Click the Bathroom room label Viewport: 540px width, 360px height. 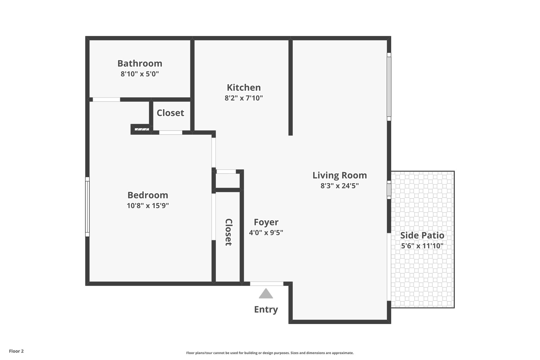pyautogui.click(x=140, y=63)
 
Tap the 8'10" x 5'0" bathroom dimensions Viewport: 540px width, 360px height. pyautogui.click(x=140, y=74)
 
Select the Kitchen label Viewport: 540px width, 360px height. pyautogui.click(x=244, y=87)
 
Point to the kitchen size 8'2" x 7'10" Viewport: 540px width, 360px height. pyautogui.click(x=244, y=98)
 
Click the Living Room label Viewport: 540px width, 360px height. pyautogui.click(x=339, y=175)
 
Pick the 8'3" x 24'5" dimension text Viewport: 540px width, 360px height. pyautogui.click(x=339, y=186)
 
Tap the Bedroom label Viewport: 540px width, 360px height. pyautogui.click(x=148, y=195)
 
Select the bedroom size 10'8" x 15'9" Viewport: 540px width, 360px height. pyautogui.click(x=148, y=206)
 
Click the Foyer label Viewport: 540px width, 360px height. pyautogui.click(x=266, y=222)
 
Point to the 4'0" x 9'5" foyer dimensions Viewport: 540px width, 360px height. pyautogui.click(x=266, y=233)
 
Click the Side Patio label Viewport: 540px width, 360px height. pyautogui.click(x=422, y=235)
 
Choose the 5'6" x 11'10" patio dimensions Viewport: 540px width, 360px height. pyautogui.click(x=422, y=246)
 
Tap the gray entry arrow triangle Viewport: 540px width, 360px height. pyautogui.click(x=266, y=294)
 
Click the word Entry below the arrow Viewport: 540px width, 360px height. pyautogui.click(x=266, y=309)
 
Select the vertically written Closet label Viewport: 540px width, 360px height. pyautogui.click(x=228, y=232)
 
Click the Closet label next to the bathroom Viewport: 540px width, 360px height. pyautogui.click(x=170, y=113)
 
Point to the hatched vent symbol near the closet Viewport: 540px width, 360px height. pyautogui.click(x=142, y=129)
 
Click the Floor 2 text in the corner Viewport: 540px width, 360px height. pyautogui.click(x=16, y=351)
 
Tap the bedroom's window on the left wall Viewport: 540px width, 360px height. pyautogui.click(x=87, y=207)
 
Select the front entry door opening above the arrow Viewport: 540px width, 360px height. pyautogui.click(x=267, y=284)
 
